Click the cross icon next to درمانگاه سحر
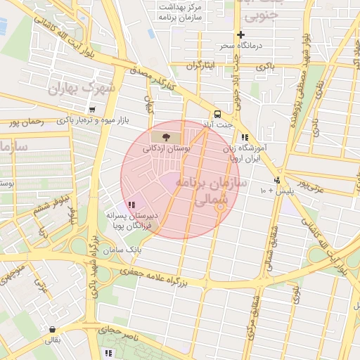[x=241, y=34]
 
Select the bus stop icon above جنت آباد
[x=217, y=114]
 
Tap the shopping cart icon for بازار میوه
[x=93, y=110]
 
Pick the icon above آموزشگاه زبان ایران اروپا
[x=245, y=138]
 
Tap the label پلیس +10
[x=275, y=191]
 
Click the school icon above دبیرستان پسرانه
[x=131, y=205]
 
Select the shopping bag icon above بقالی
[x=52, y=328]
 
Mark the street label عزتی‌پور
[x=312, y=184]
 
